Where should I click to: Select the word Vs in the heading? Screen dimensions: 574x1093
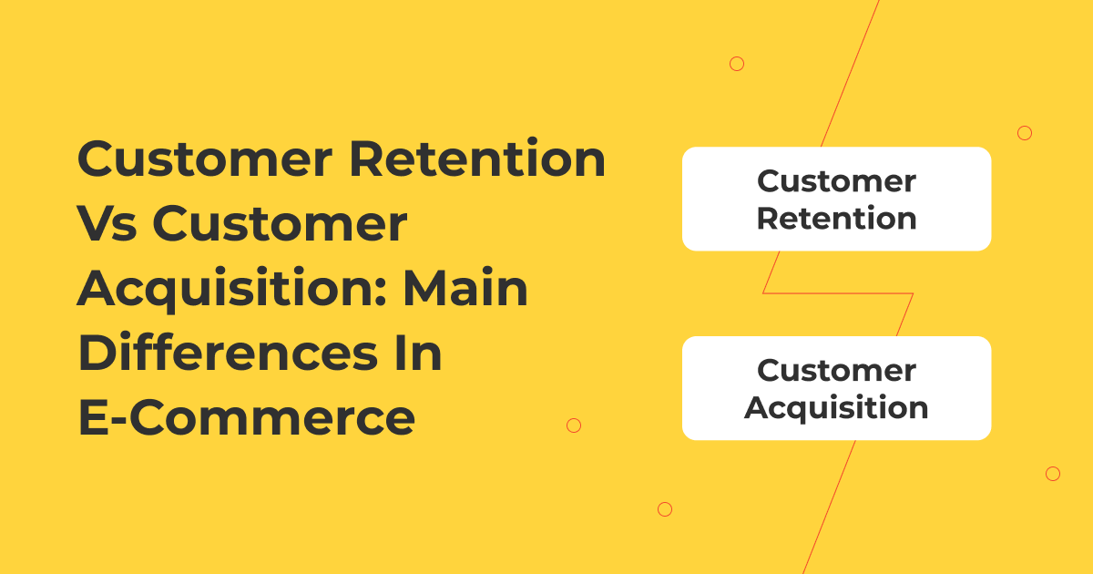point(107,225)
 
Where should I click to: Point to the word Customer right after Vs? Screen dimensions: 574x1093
point(280,225)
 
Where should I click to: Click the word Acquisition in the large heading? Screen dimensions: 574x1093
point(232,291)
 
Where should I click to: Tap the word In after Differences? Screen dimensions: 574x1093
point(420,354)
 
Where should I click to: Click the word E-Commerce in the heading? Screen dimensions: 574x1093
point(247,419)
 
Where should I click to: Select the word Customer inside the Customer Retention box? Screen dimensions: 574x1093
point(836,181)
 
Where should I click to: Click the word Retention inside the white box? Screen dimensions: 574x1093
point(836,219)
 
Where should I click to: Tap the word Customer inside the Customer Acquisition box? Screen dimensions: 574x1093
point(836,371)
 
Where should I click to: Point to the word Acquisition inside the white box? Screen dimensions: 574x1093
point(836,407)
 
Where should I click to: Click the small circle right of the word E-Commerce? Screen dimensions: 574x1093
point(574,425)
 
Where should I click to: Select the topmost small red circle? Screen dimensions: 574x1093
point(737,64)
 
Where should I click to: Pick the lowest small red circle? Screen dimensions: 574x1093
point(665,509)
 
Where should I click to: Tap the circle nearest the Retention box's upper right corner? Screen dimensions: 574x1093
point(1025,133)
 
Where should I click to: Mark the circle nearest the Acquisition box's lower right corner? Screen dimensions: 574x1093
point(1053,474)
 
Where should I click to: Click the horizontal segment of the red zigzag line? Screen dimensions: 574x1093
point(838,293)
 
